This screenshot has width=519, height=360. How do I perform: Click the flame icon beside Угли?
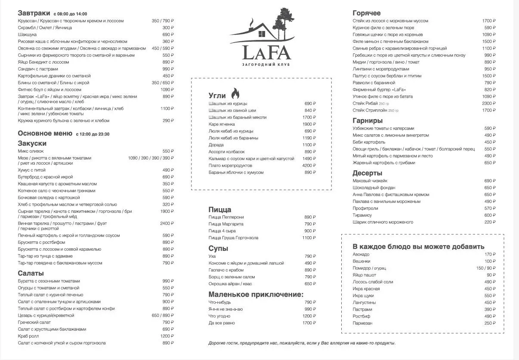[235, 93]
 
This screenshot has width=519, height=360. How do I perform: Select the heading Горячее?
[366, 13]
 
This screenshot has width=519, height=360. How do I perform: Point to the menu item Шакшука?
[27, 34]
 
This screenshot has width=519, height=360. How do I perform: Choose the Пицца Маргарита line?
[226, 224]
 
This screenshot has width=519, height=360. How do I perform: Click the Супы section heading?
[218, 249]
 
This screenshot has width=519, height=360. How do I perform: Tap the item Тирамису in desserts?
[362, 215]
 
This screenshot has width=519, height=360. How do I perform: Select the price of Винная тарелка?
[167, 223]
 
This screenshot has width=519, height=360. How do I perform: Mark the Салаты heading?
[31, 273]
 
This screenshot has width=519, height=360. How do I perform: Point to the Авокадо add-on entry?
[361, 254]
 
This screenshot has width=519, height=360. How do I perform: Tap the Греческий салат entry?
[34, 322]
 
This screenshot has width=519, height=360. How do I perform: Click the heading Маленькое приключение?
[256, 295]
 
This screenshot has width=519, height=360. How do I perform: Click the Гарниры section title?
[367, 121]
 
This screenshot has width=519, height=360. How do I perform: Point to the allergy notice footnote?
[301, 343]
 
